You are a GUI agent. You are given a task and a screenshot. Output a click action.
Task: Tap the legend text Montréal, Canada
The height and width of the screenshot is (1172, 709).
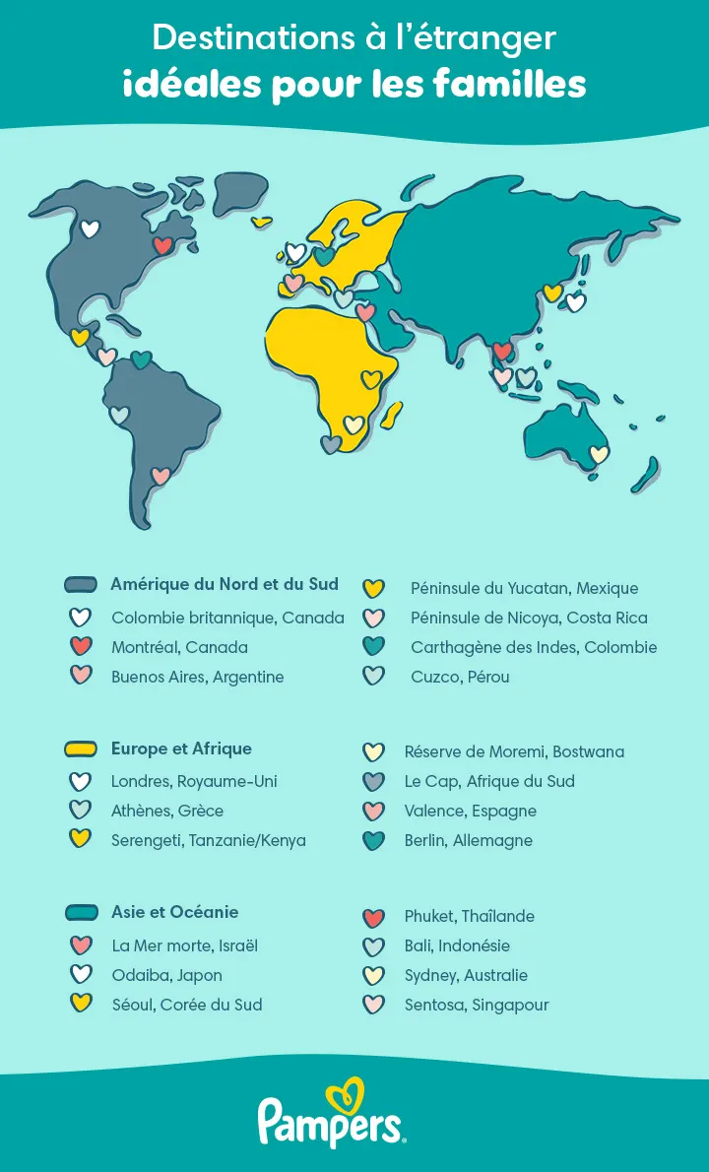point(179,647)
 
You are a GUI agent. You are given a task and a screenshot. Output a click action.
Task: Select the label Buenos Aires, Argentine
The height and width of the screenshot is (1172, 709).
point(197,677)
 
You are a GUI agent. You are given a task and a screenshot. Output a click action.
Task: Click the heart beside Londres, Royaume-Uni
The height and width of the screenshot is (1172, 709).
point(80,782)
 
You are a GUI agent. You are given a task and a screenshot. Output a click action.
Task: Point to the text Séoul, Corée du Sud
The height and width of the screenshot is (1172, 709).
point(186,1005)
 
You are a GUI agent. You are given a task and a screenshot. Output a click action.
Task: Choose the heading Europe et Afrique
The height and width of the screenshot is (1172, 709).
point(181,749)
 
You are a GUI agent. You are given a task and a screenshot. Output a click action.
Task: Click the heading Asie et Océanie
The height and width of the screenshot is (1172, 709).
point(174,912)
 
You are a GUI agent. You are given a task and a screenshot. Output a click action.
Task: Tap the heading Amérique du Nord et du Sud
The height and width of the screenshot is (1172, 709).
point(225,584)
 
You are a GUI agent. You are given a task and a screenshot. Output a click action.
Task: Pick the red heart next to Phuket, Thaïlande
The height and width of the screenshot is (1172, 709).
point(373,918)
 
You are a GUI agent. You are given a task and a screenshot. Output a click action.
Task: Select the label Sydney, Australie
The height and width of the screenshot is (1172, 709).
point(466,975)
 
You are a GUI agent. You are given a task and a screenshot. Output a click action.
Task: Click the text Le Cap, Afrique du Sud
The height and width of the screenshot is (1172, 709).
point(489,781)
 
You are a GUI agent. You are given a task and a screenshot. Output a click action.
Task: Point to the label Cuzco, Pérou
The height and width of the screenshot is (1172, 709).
point(460,677)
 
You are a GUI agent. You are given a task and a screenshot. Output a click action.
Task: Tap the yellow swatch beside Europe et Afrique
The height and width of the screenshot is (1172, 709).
point(80,749)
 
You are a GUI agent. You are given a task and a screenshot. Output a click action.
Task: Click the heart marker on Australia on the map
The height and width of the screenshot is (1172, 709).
point(599,454)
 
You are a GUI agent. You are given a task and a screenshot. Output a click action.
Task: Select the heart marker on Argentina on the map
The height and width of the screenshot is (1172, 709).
point(161,476)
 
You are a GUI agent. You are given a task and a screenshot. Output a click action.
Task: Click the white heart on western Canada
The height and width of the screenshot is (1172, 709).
point(90,229)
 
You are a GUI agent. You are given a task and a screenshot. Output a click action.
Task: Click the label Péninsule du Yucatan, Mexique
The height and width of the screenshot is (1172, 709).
point(524,588)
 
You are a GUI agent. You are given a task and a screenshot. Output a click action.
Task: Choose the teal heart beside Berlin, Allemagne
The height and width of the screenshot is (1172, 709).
point(373,841)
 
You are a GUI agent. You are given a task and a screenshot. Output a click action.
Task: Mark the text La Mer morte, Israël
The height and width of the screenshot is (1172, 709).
point(184,945)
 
